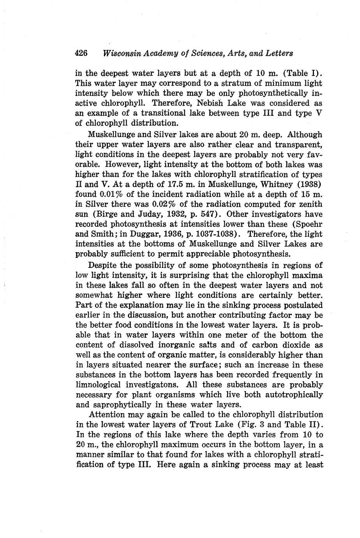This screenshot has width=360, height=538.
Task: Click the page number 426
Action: [82, 53]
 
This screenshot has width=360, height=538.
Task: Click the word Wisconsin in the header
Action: [121, 53]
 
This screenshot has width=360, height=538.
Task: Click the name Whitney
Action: [272, 184]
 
